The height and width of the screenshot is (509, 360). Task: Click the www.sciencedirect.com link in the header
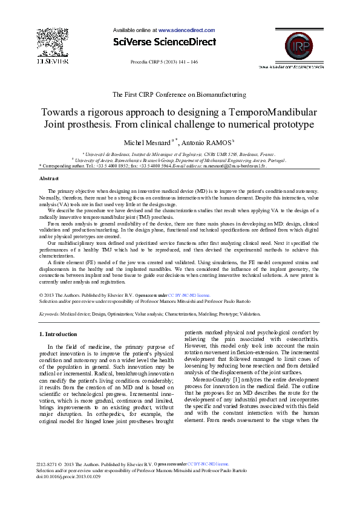186,30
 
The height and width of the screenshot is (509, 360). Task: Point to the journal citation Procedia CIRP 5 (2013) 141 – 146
164,62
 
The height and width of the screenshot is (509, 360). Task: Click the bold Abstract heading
49,179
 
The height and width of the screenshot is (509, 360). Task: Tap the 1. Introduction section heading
58,334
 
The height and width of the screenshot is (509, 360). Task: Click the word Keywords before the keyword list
49,314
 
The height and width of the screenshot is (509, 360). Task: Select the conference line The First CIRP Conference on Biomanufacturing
180,94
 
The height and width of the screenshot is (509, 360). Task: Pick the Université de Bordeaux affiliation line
180,155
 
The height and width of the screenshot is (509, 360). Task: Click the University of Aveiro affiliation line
180,160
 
